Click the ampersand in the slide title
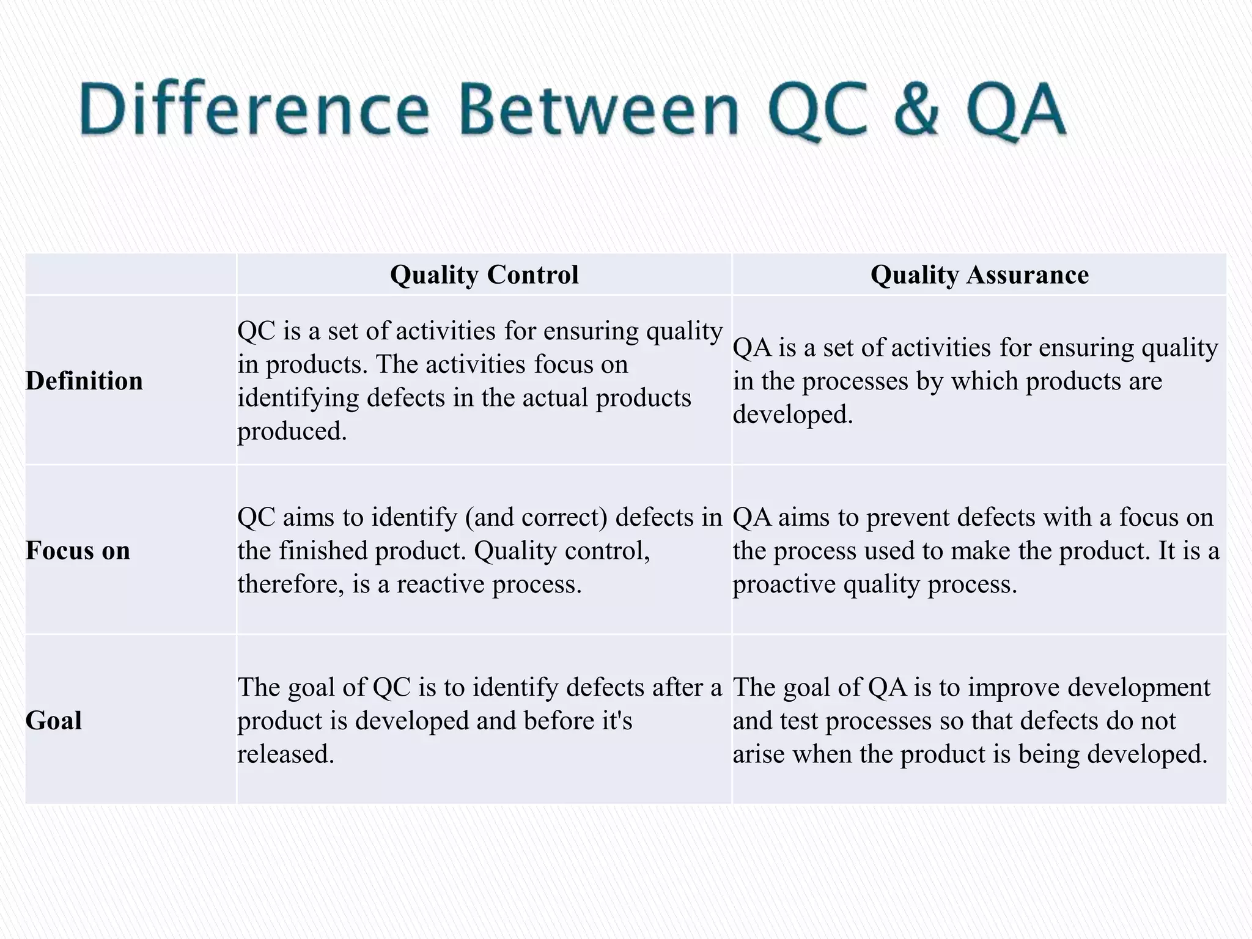tap(915, 110)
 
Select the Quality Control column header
tap(484, 274)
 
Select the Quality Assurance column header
tap(979, 274)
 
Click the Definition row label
tap(84, 381)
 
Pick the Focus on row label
tap(78, 551)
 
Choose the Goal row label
tap(54, 720)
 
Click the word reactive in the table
tap(441, 584)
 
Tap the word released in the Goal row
tap(285, 754)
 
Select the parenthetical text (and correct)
tap(537, 517)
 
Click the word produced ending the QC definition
tap(292, 432)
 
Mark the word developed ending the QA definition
tap(792, 414)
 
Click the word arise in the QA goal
tap(759, 754)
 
